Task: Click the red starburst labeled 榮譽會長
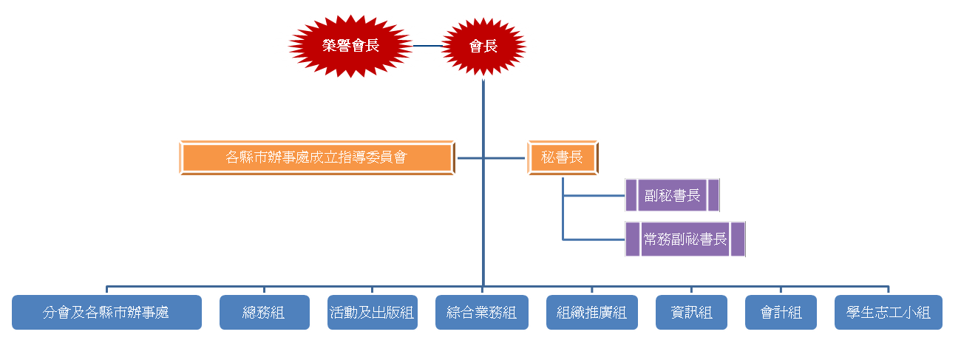350,46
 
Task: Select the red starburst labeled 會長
483,46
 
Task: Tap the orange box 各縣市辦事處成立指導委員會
317,157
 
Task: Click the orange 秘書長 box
563,157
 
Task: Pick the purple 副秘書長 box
672,195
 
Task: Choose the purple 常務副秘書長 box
685,239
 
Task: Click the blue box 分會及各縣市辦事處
107,313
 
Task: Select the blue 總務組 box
265,313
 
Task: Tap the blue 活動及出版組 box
373,313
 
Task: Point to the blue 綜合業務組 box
482,313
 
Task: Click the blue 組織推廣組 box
592,313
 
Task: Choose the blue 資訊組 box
692,313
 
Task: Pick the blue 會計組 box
781,313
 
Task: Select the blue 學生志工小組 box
889,313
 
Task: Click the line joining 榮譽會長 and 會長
428,46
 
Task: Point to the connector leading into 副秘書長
594,196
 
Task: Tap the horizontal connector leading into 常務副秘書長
594,240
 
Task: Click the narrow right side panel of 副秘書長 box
713,195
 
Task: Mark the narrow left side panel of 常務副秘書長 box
632,239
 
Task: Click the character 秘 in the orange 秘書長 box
549,157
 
